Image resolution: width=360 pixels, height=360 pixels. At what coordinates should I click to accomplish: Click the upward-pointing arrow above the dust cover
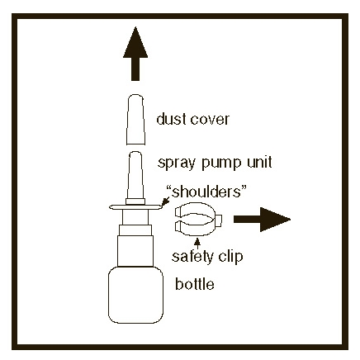pyautogui.click(x=135, y=54)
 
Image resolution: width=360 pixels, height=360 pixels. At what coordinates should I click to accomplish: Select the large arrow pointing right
pyautogui.click(x=262, y=220)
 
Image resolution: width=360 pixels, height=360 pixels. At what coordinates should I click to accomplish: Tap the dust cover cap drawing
pyautogui.click(x=135, y=120)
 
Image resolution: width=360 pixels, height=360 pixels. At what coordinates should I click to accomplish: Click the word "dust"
pyautogui.click(x=169, y=119)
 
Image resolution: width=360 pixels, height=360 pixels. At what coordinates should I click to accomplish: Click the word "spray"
pyautogui.click(x=177, y=163)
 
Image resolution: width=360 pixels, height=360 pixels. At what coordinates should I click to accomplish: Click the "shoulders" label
pyautogui.click(x=206, y=192)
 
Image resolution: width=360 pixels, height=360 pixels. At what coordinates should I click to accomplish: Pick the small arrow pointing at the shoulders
pyautogui.click(x=166, y=202)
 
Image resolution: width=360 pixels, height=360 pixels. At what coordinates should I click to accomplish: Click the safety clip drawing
pyautogui.click(x=198, y=220)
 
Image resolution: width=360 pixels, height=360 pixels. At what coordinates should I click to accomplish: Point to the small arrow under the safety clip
pyautogui.click(x=197, y=244)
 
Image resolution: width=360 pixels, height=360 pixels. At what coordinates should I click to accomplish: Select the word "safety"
pyautogui.click(x=192, y=257)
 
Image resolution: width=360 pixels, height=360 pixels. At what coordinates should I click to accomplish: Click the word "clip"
pyautogui.click(x=230, y=257)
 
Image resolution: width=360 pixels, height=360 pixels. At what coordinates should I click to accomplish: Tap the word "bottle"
pyautogui.click(x=195, y=284)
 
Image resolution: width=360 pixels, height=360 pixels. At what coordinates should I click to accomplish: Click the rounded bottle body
pyautogui.click(x=135, y=295)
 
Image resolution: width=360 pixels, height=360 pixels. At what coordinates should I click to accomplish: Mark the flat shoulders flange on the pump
pyautogui.click(x=135, y=207)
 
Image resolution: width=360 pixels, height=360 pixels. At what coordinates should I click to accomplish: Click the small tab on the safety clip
pyautogui.click(x=219, y=220)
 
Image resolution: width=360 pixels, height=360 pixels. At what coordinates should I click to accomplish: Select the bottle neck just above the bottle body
pyautogui.click(x=135, y=251)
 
